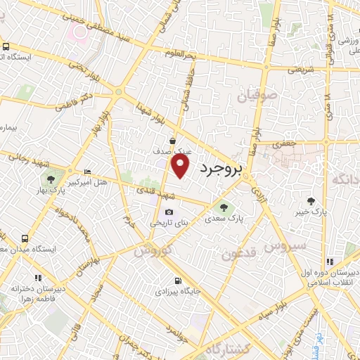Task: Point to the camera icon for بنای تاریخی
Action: click(169, 212)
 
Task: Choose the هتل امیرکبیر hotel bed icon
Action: click(87, 172)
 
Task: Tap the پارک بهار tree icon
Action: click(50, 179)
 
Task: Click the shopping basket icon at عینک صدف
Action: click(173, 141)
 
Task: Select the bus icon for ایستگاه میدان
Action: click(25, 238)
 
